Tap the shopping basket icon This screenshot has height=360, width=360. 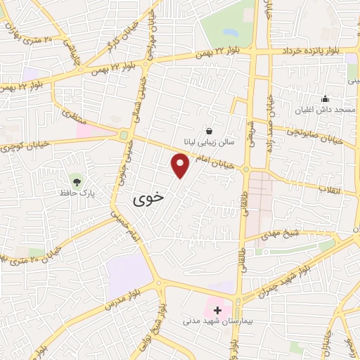(209, 130)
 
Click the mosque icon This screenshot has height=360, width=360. (324, 98)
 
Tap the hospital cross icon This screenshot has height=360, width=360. (217, 309)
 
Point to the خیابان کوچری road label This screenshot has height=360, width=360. (27, 146)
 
